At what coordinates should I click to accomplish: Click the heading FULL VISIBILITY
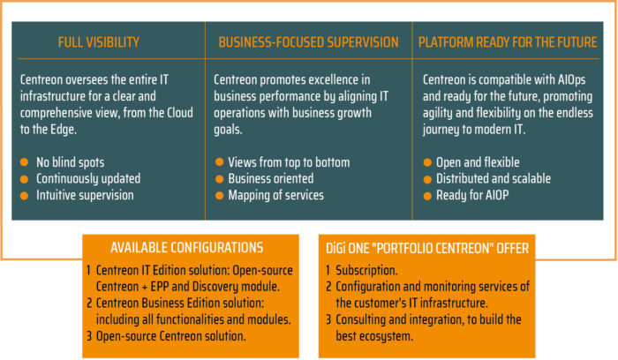click(99, 41)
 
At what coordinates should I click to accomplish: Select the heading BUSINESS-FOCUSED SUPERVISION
click(308, 41)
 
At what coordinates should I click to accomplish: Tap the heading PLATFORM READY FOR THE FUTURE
click(507, 41)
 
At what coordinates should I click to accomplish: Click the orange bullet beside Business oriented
click(220, 178)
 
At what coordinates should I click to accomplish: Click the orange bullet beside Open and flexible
click(427, 162)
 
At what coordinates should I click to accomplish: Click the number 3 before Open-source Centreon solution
click(89, 335)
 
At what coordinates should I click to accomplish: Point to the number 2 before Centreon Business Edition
click(89, 304)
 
